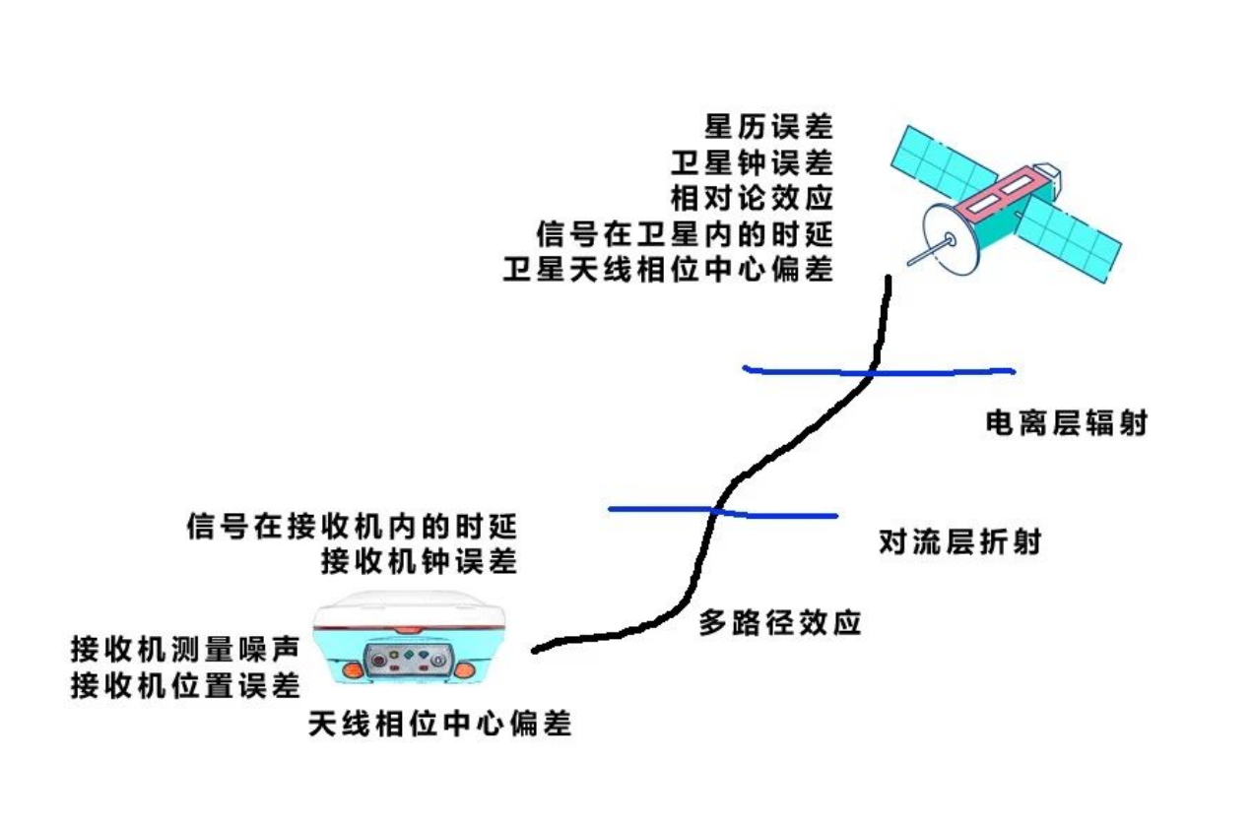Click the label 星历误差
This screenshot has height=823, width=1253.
(767, 127)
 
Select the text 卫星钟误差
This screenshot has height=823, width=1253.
(752, 162)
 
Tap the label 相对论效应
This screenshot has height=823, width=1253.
(752, 198)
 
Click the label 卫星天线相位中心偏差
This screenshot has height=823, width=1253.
(668, 269)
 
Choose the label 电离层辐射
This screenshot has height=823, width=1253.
(1067, 424)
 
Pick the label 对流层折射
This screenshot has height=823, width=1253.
(959, 542)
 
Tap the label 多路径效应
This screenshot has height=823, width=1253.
(780, 622)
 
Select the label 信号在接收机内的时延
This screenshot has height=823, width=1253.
(352, 526)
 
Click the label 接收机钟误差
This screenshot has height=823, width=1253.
(419, 561)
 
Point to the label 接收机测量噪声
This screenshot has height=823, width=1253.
(184, 649)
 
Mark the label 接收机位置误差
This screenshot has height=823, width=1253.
(184, 684)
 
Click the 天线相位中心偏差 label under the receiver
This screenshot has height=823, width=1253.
(439, 725)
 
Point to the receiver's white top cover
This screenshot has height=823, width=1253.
(408, 608)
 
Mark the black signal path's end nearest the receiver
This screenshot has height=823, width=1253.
(535, 649)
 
